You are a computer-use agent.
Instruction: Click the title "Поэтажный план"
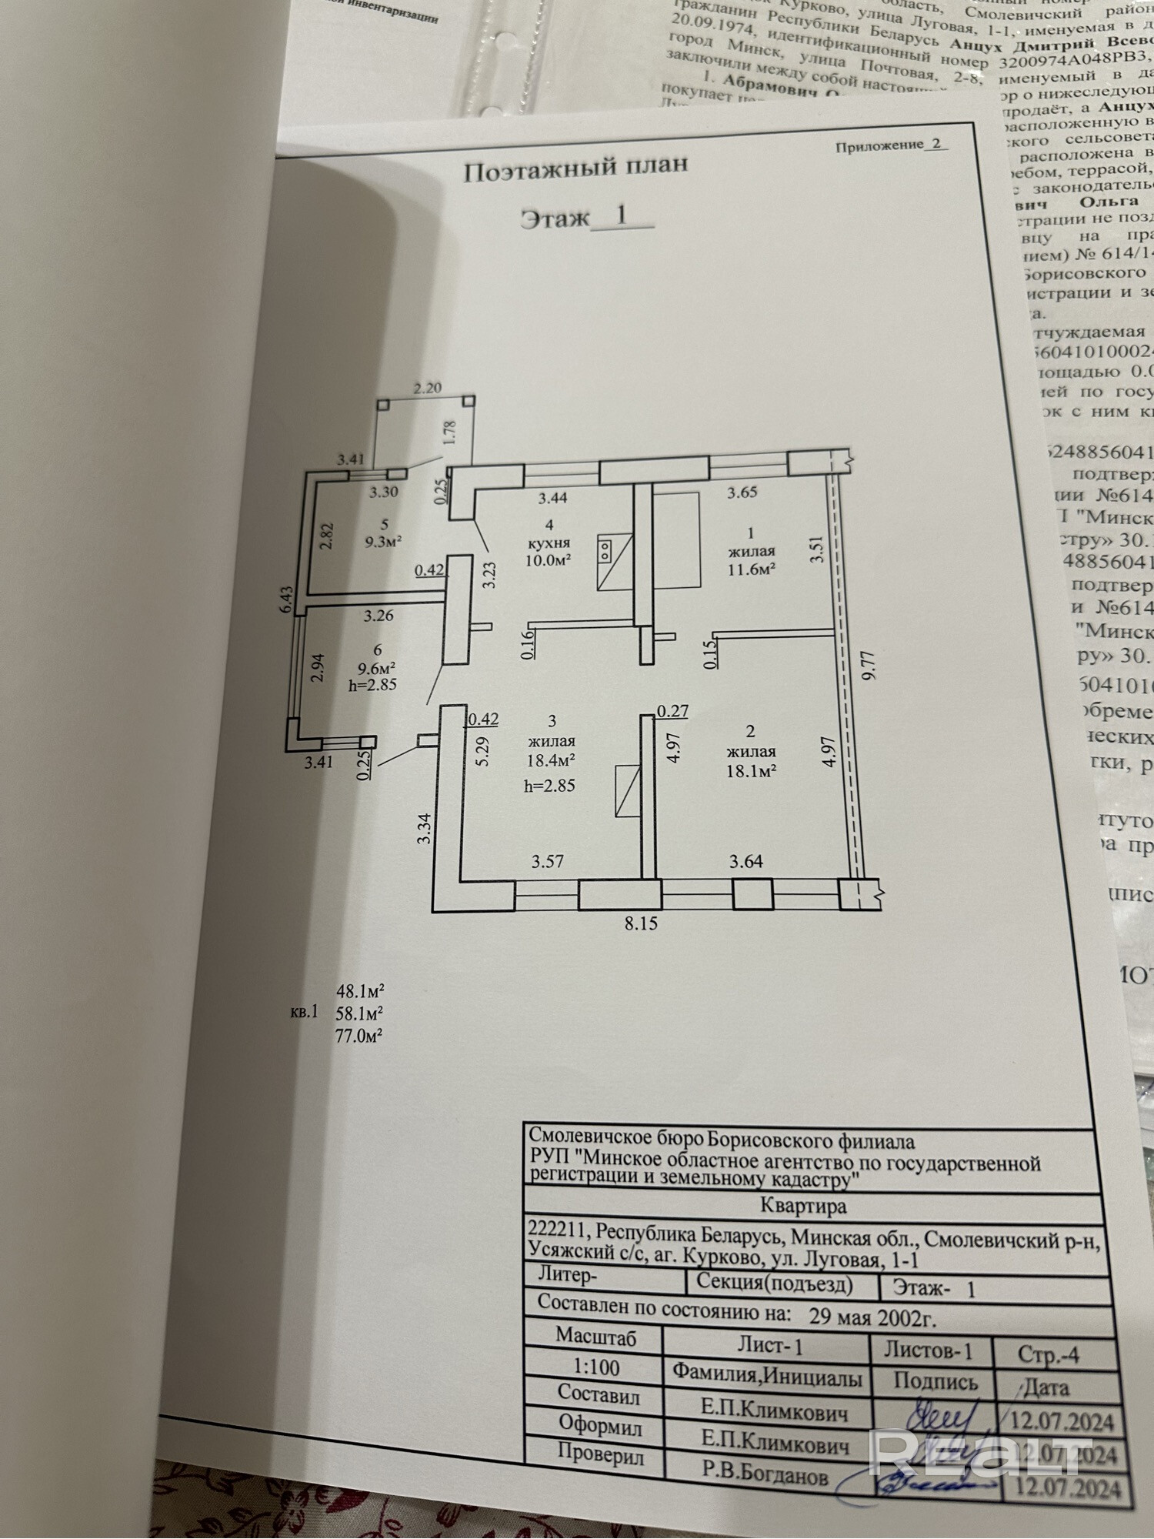[x=575, y=169]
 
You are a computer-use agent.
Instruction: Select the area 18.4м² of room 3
[x=552, y=759]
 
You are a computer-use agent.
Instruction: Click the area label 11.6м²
[x=751, y=569]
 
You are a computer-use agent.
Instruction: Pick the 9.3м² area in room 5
[x=385, y=542]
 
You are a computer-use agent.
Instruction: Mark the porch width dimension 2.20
[x=427, y=388]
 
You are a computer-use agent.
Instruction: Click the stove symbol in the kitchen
[x=605, y=549]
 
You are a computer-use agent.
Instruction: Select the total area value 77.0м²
[x=359, y=1035]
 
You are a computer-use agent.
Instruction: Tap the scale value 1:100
[x=596, y=1367]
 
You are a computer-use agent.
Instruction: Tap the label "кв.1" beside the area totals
[x=303, y=1012]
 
